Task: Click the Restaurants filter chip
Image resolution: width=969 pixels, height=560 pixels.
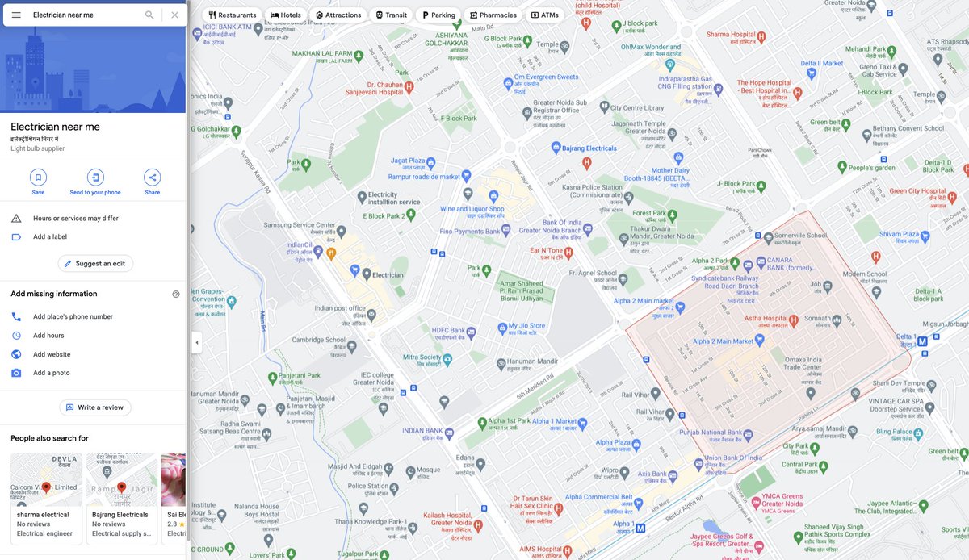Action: pyautogui.click(x=232, y=15)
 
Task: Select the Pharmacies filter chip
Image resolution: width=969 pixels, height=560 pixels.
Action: pyautogui.click(x=492, y=15)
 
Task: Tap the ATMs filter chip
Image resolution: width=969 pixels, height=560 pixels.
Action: pyautogui.click(x=545, y=15)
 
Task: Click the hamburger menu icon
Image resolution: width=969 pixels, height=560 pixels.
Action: pyautogui.click(x=16, y=15)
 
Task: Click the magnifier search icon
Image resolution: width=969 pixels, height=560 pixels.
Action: pyautogui.click(x=149, y=15)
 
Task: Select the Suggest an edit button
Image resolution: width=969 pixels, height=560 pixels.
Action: pyautogui.click(x=95, y=264)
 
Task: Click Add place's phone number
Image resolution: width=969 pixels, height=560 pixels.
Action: pyautogui.click(x=73, y=317)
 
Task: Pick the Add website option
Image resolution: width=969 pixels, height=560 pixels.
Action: pyautogui.click(x=52, y=355)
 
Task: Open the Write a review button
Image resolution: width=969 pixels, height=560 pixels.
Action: pyautogui.click(x=95, y=408)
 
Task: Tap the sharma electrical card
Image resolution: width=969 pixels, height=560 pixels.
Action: pyautogui.click(x=46, y=498)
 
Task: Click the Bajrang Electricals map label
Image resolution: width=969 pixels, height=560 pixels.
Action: pyautogui.click(x=589, y=148)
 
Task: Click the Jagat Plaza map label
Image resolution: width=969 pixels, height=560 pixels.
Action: pyautogui.click(x=408, y=161)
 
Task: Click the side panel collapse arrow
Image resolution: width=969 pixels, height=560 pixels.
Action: pyautogui.click(x=196, y=342)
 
